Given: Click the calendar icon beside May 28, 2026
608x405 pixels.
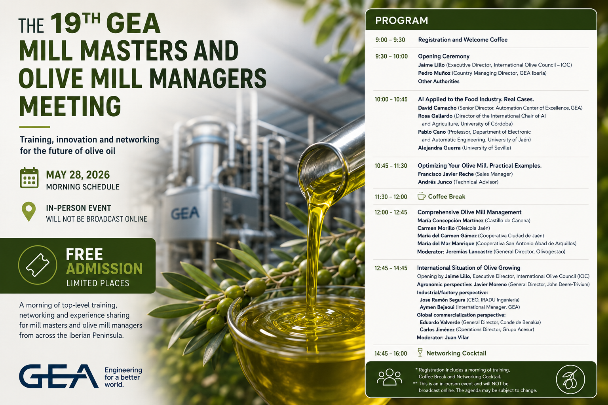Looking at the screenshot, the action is tap(29, 178).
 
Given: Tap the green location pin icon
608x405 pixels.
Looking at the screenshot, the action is tap(29, 212).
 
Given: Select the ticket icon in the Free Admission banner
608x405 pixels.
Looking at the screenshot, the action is tap(38, 265).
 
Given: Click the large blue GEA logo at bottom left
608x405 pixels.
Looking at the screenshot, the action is tap(59, 376).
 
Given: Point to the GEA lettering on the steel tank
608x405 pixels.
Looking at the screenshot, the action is tap(185, 213).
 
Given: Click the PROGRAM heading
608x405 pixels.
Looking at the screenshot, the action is tap(401, 20).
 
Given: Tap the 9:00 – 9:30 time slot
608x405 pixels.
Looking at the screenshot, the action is tap(390, 40).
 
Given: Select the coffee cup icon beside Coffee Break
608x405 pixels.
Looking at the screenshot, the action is tap(421, 196).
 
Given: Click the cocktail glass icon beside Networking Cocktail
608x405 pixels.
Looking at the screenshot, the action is tap(420, 352).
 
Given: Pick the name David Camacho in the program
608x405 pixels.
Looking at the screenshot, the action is tap(437, 108).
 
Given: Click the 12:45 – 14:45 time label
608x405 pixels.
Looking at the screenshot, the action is tap(391, 268).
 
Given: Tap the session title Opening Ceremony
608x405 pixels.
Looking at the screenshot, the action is tap(443, 57).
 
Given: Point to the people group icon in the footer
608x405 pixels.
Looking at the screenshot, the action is tap(389, 377).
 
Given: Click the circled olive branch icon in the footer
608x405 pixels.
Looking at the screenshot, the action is tap(570, 379).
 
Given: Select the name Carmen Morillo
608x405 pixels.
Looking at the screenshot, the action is tap(436, 228).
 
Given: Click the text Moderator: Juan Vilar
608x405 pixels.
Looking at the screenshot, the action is tap(443, 338).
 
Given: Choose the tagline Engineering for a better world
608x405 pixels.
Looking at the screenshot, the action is tap(123, 377).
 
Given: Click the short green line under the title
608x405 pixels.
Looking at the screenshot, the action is tap(34, 127).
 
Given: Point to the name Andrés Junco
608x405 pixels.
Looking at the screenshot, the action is tap(435, 182).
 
